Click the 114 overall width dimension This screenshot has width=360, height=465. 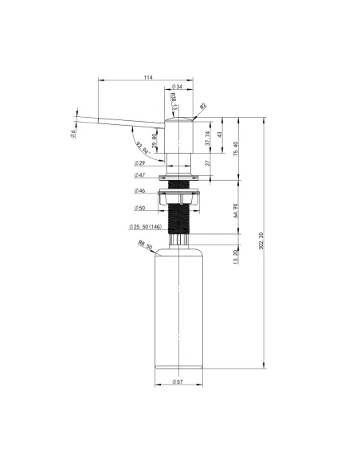coord(148,77)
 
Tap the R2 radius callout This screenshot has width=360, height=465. coord(203,105)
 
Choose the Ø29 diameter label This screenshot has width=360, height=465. coord(139,162)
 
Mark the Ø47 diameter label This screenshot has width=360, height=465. coord(140,176)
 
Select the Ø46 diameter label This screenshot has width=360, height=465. coord(140,191)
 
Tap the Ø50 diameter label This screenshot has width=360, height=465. coord(140,209)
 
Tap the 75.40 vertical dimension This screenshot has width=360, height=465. coord(235,149)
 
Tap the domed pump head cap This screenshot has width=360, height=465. coord(178,119)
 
